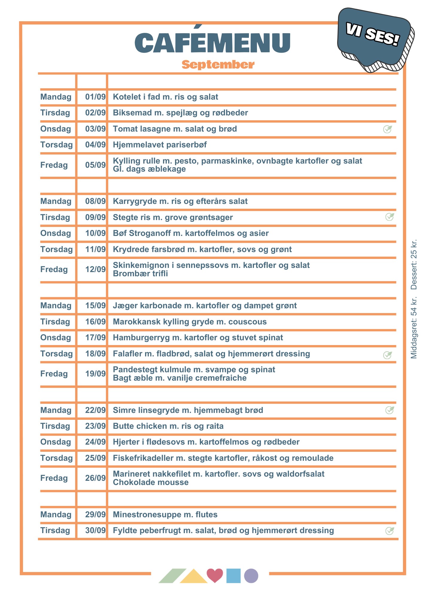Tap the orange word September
tap(218, 65)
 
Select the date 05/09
tap(95, 165)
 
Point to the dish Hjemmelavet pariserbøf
tap(160, 145)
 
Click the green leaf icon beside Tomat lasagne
tap(388, 129)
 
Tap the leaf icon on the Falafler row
tap(388, 355)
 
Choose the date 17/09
tap(95, 338)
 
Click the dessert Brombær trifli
tap(140, 274)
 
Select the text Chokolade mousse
tap(151, 483)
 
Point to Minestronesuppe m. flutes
tap(165, 515)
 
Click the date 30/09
tap(95, 531)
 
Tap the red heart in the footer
tap(215, 575)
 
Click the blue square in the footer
tap(233, 576)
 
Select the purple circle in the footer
tap(251, 576)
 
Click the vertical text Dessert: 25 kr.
tap(414, 265)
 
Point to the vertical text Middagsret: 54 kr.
tap(414, 328)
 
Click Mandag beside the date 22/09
tap(56, 410)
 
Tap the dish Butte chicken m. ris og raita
tap(168, 426)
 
